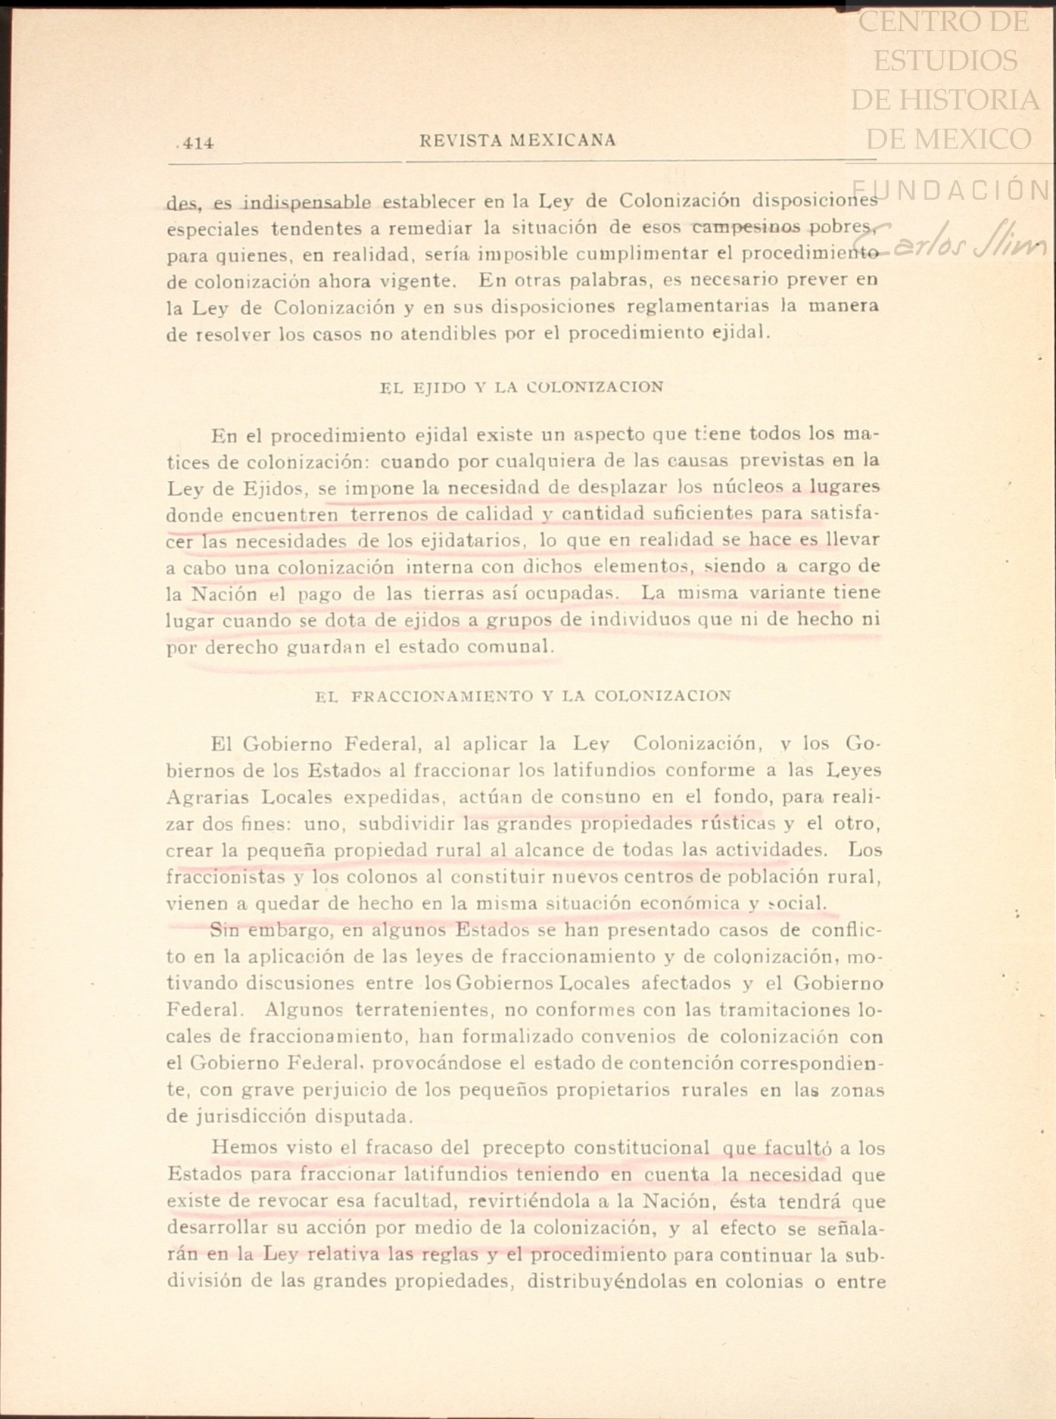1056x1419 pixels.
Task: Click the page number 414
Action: (198, 142)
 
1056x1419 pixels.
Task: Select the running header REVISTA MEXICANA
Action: (518, 140)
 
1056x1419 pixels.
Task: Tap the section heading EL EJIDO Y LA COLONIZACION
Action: (522, 387)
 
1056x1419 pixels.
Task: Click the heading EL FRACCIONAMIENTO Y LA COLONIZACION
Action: (523, 696)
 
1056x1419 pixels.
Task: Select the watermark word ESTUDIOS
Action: (945, 61)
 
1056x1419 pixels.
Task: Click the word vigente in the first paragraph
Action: (416, 281)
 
